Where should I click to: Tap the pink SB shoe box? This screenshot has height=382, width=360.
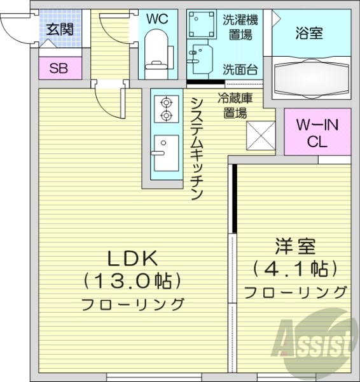tap(58, 69)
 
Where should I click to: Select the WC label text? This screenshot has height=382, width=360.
tap(157, 20)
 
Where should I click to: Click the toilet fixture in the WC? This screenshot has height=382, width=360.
tap(156, 53)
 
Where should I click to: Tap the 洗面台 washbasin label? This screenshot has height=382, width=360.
tap(240, 69)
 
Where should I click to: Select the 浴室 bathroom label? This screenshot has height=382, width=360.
tap(309, 33)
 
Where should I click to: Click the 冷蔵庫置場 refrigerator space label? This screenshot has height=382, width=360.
tap(235, 106)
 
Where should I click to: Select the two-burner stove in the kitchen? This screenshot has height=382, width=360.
tap(167, 108)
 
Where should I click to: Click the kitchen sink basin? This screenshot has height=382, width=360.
tap(166, 152)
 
